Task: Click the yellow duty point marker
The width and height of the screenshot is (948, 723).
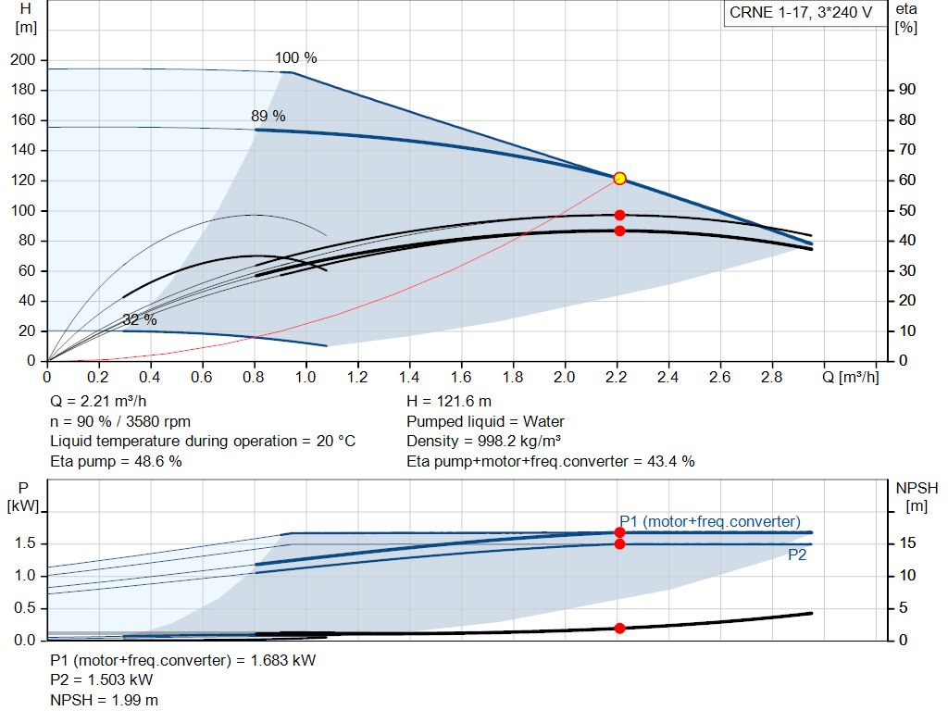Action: [619, 179]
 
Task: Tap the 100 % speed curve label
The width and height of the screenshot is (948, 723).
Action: [295, 58]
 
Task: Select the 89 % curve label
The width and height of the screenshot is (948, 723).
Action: [268, 116]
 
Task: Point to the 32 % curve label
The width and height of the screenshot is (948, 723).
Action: [140, 319]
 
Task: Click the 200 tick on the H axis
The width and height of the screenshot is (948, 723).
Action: [23, 60]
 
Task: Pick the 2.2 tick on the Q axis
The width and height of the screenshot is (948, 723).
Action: [616, 377]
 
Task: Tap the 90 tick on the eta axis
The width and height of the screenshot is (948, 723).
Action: [907, 90]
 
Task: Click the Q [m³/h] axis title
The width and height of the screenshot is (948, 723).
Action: [851, 377]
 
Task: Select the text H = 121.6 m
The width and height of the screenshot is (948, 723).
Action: [449, 402]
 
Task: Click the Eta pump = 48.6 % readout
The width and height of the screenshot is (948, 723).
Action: [116, 462]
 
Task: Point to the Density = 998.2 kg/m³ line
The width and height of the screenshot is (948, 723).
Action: [483, 442]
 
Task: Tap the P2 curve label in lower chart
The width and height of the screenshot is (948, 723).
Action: [797, 555]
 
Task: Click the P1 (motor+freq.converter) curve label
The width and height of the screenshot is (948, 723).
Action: [710, 522]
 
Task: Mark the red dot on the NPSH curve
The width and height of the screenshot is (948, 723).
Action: [619, 629]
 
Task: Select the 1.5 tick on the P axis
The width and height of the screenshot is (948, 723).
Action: [25, 543]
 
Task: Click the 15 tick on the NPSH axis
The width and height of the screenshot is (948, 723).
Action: [907, 543]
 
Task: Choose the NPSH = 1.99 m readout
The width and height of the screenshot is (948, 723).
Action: [104, 701]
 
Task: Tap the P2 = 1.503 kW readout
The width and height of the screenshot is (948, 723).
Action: [102, 680]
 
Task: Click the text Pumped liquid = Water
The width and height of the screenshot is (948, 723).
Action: [485, 421]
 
